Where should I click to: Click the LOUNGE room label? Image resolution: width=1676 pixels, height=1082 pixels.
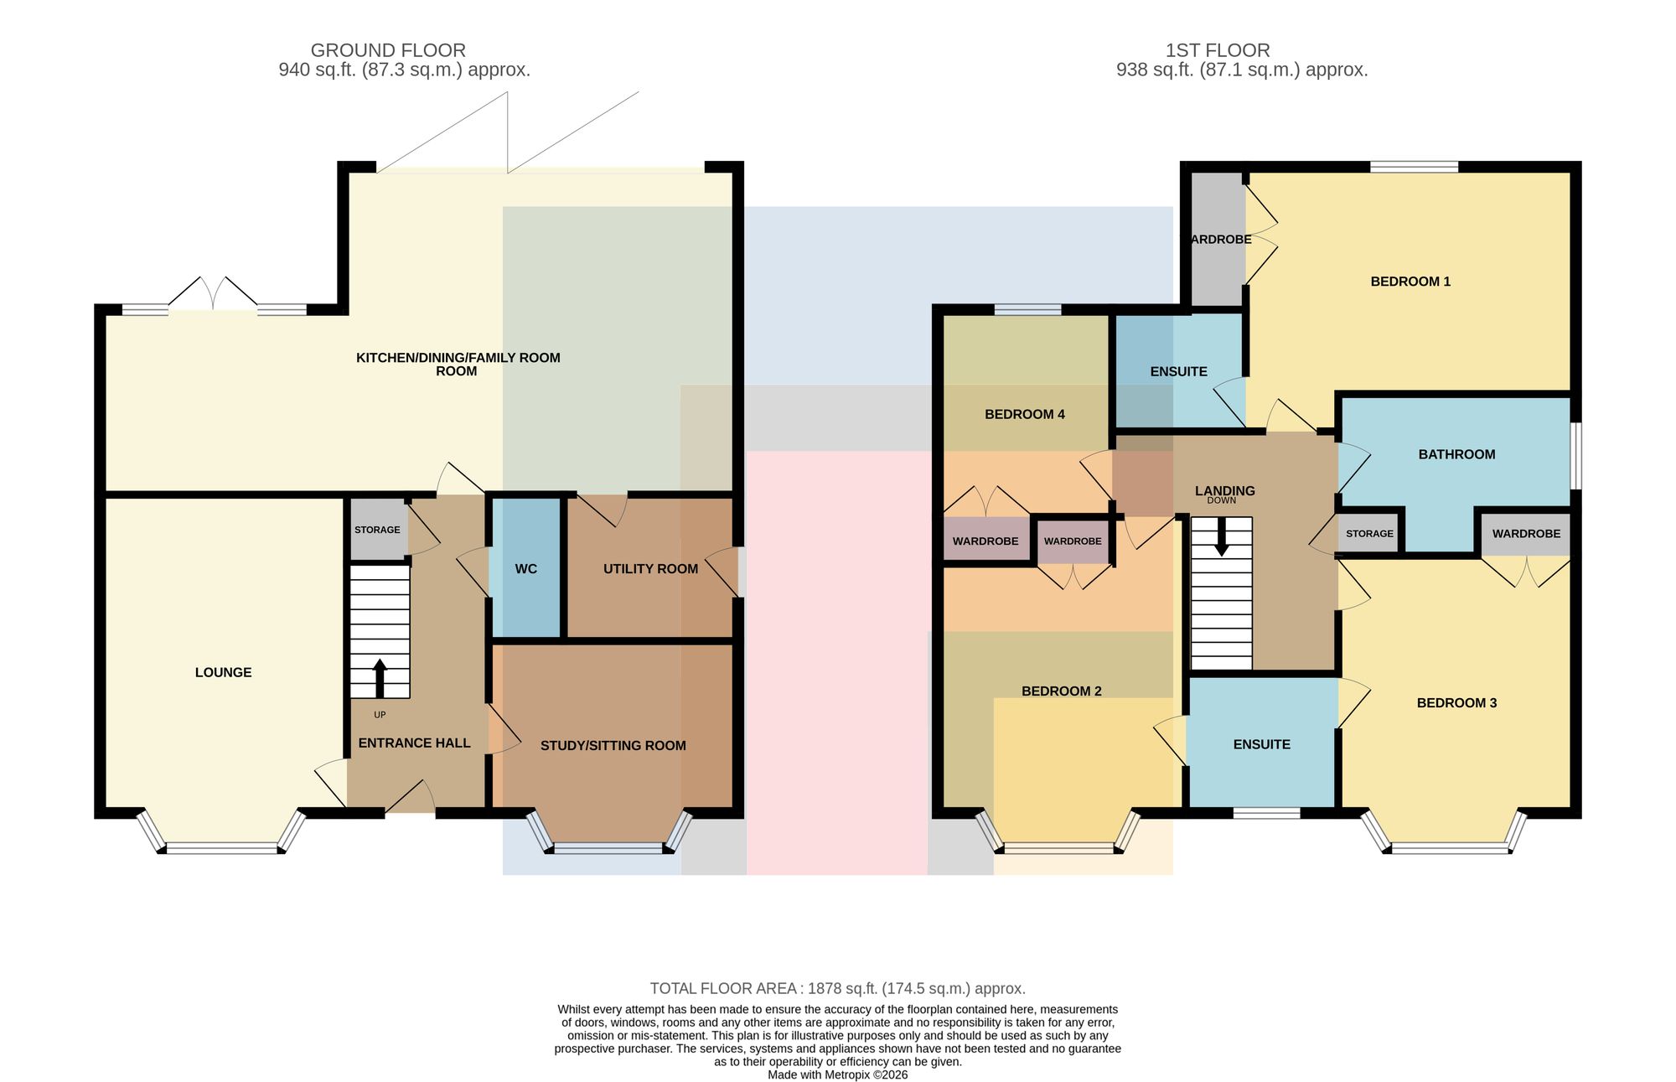coord(223,672)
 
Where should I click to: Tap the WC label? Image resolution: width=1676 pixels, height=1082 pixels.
coord(526,569)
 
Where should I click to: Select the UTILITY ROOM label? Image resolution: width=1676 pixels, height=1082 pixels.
coord(650,569)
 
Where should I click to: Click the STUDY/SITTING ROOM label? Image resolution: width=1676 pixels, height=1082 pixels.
coord(613,746)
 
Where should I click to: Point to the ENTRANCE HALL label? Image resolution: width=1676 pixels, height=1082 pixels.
coord(414,743)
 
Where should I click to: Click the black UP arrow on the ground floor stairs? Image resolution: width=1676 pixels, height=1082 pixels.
coord(380,678)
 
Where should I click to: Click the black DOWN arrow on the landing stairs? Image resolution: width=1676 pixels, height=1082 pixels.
coord(1222,536)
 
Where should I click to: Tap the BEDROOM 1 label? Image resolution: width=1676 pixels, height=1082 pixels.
coord(1410,282)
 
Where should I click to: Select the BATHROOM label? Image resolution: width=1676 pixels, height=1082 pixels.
coord(1456,454)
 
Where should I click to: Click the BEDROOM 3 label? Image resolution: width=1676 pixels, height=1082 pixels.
coord(1456,703)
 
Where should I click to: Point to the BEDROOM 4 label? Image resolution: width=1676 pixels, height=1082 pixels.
coord(1024,414)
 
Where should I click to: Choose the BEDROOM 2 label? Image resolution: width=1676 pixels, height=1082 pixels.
coord(1061,691)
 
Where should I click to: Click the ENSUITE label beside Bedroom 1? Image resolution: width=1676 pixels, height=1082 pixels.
coord(1178,371)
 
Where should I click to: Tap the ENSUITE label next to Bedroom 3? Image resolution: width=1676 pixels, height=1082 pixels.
coord(1261,744)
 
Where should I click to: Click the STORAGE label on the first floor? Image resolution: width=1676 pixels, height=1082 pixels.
coord(1369,534)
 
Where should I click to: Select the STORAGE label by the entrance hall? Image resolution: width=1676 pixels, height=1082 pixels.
coord(377,530)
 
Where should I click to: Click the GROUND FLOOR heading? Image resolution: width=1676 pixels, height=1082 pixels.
coord(388,50)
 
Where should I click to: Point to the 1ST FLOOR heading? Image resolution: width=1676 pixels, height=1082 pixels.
coord(1218,50)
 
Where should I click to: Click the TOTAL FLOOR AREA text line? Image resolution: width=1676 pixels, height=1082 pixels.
coord(838,989)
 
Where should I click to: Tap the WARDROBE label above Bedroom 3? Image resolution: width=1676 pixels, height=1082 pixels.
coord(1526,534)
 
